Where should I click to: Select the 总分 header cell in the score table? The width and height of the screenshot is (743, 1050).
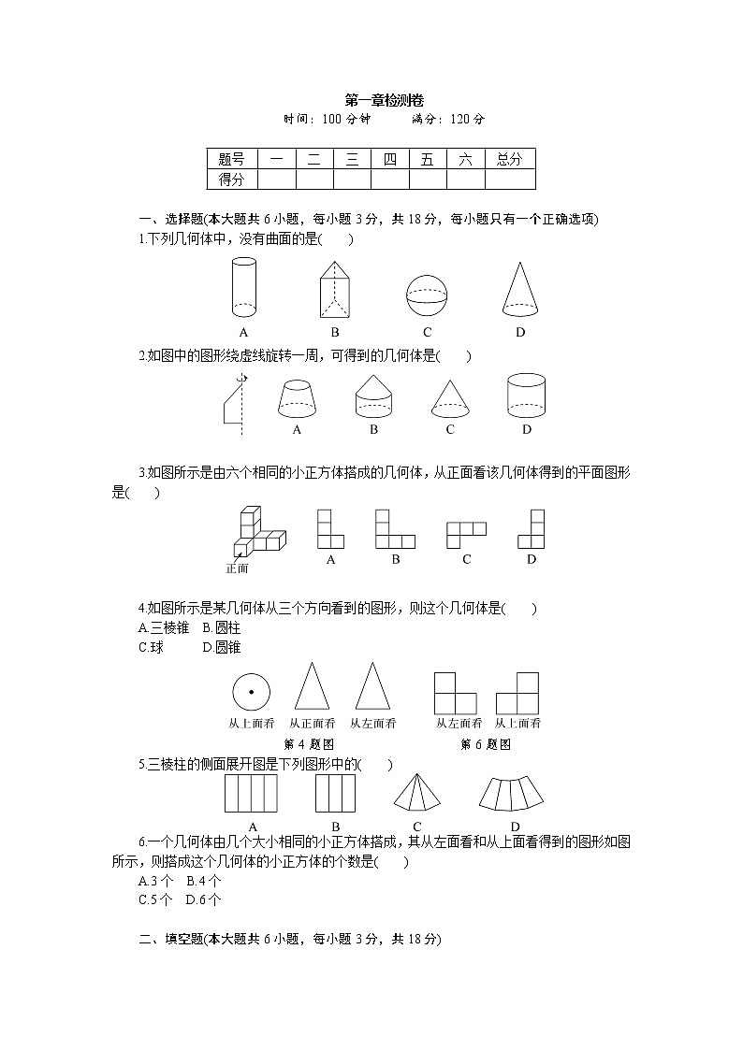pyautogui.click(x=510, y=160)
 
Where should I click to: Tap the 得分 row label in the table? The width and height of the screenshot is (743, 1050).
pyautogui.click(x=231, y=180)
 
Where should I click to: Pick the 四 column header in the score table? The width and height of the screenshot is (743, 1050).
pyautogui.click(x=389, y=160)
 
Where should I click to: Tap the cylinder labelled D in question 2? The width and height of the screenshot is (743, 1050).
pyautogui.click(x=526, y=396)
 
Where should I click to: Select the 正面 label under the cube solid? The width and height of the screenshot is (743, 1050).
pyautogui.click(x=237, y=568)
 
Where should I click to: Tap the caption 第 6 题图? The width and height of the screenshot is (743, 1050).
pyautogui.click(x=486, y=744)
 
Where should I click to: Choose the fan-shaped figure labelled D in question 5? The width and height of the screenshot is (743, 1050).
pyautogui.click(x=514, y=794)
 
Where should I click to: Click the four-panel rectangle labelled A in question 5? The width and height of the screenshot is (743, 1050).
pyautogui.click(x=252, y=794)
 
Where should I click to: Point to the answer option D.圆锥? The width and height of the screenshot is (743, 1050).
pyautogui.click(x=222, y=647)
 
